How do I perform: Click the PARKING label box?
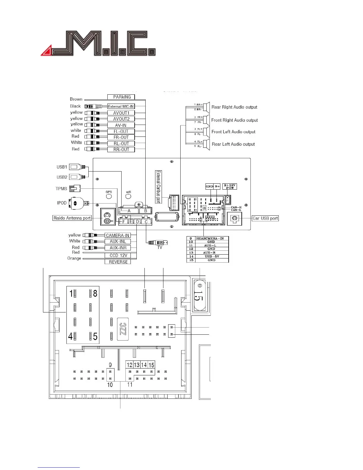121,97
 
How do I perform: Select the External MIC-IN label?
121,107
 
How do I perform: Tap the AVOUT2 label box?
121,119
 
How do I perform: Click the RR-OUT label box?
121,150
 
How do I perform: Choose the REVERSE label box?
118,262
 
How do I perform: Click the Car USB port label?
265,218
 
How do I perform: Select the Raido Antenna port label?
72,218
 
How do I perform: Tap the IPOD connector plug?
76,203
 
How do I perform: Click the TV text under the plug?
160,247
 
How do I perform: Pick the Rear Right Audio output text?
234,107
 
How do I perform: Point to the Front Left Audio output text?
233,132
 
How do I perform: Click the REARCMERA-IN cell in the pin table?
210,238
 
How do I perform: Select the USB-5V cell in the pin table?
212,256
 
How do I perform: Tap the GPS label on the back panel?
109,192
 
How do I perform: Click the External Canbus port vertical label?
158,187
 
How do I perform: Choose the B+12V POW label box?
230,187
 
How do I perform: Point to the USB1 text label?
62,167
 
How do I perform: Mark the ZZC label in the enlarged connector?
123,329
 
